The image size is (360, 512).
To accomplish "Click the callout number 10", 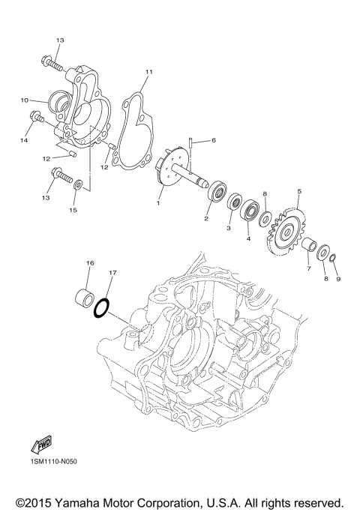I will coord(24,100).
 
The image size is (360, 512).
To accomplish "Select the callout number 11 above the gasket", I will coord(148,71).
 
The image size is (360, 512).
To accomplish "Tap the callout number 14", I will coord(24,140).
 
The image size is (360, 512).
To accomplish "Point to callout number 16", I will coord(89,263).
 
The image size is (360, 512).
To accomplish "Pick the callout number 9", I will coord(337,279).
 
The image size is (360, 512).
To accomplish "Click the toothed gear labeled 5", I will coord(285,233).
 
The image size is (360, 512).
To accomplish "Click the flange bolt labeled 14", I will coord(36,118).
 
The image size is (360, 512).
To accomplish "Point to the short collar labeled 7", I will coord(307,245).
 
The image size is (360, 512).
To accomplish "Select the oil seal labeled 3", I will coord(234,202).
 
